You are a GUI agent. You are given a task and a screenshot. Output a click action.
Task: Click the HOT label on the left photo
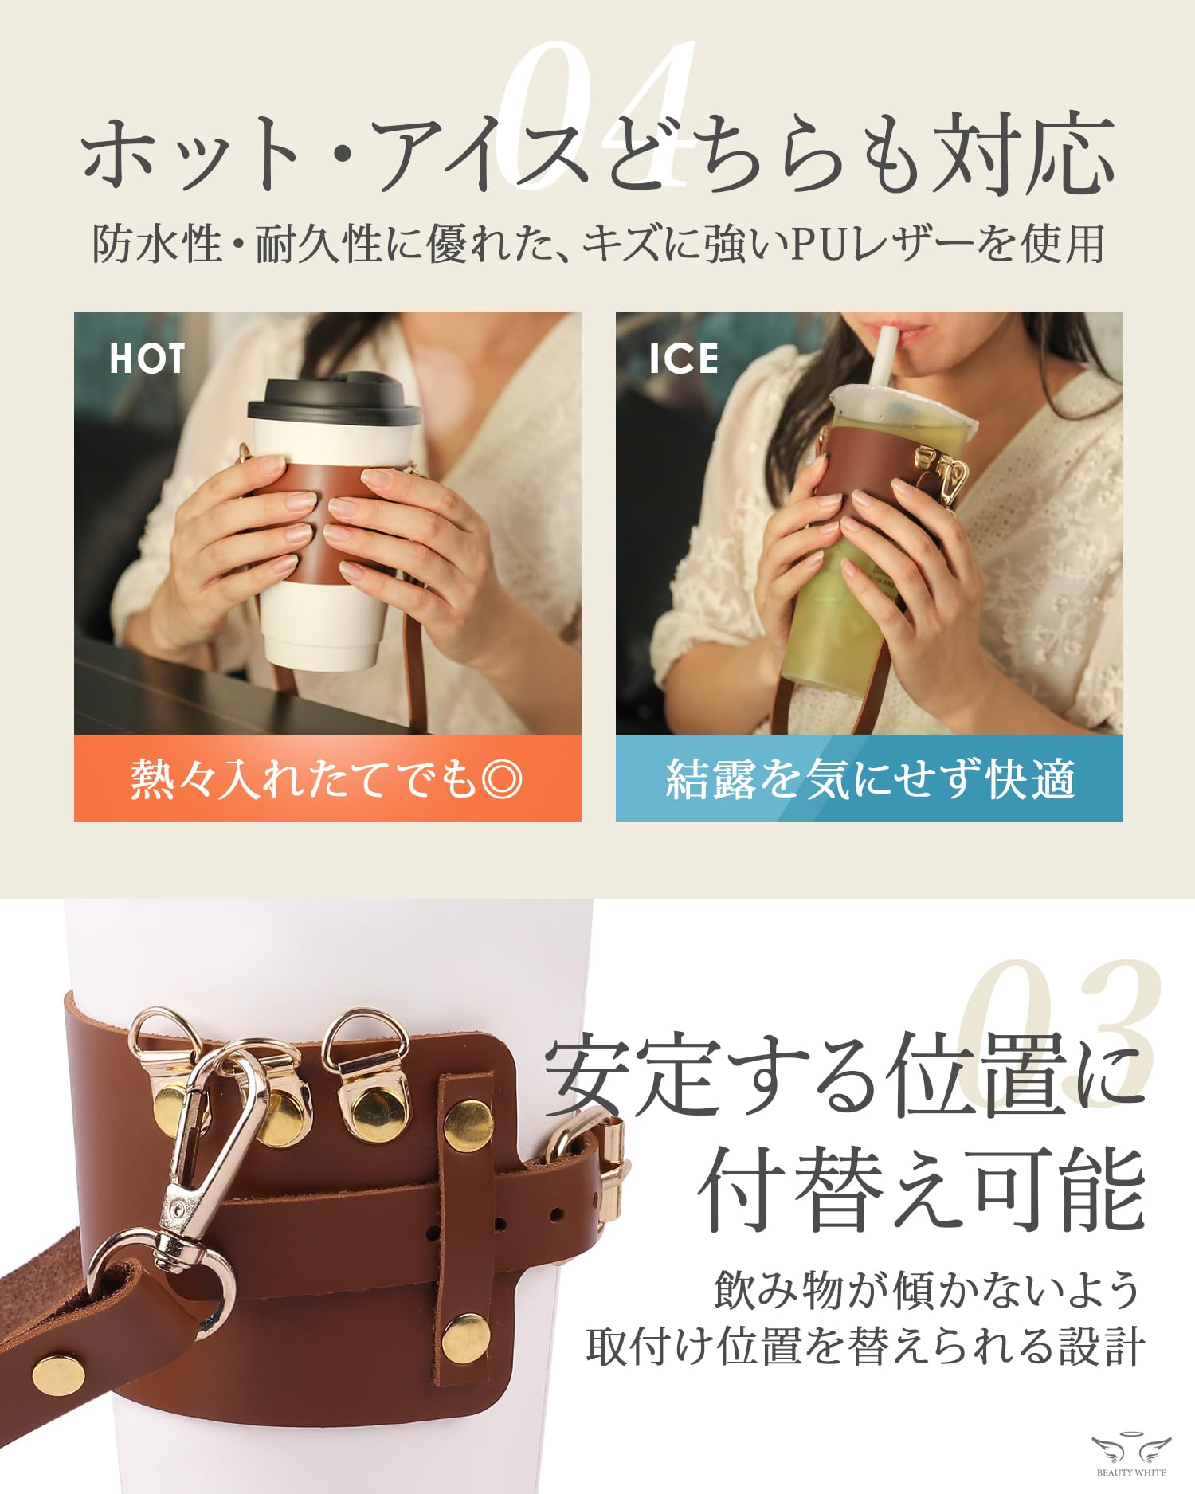click(x=147, y=359)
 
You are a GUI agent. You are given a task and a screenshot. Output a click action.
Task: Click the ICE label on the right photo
click(x=684, y=359)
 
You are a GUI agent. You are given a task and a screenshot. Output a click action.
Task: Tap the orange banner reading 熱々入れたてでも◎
click(x=327, y=778)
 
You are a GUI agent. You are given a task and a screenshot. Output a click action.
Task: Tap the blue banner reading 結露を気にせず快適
click(x=869, y=778)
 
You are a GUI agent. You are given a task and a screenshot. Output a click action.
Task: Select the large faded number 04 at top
click(x=597, y=112)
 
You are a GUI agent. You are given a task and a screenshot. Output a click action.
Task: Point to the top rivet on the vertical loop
click(x=468, y=1122)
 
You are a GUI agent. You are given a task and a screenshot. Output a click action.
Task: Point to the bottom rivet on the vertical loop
click(x=466, y=1338)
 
